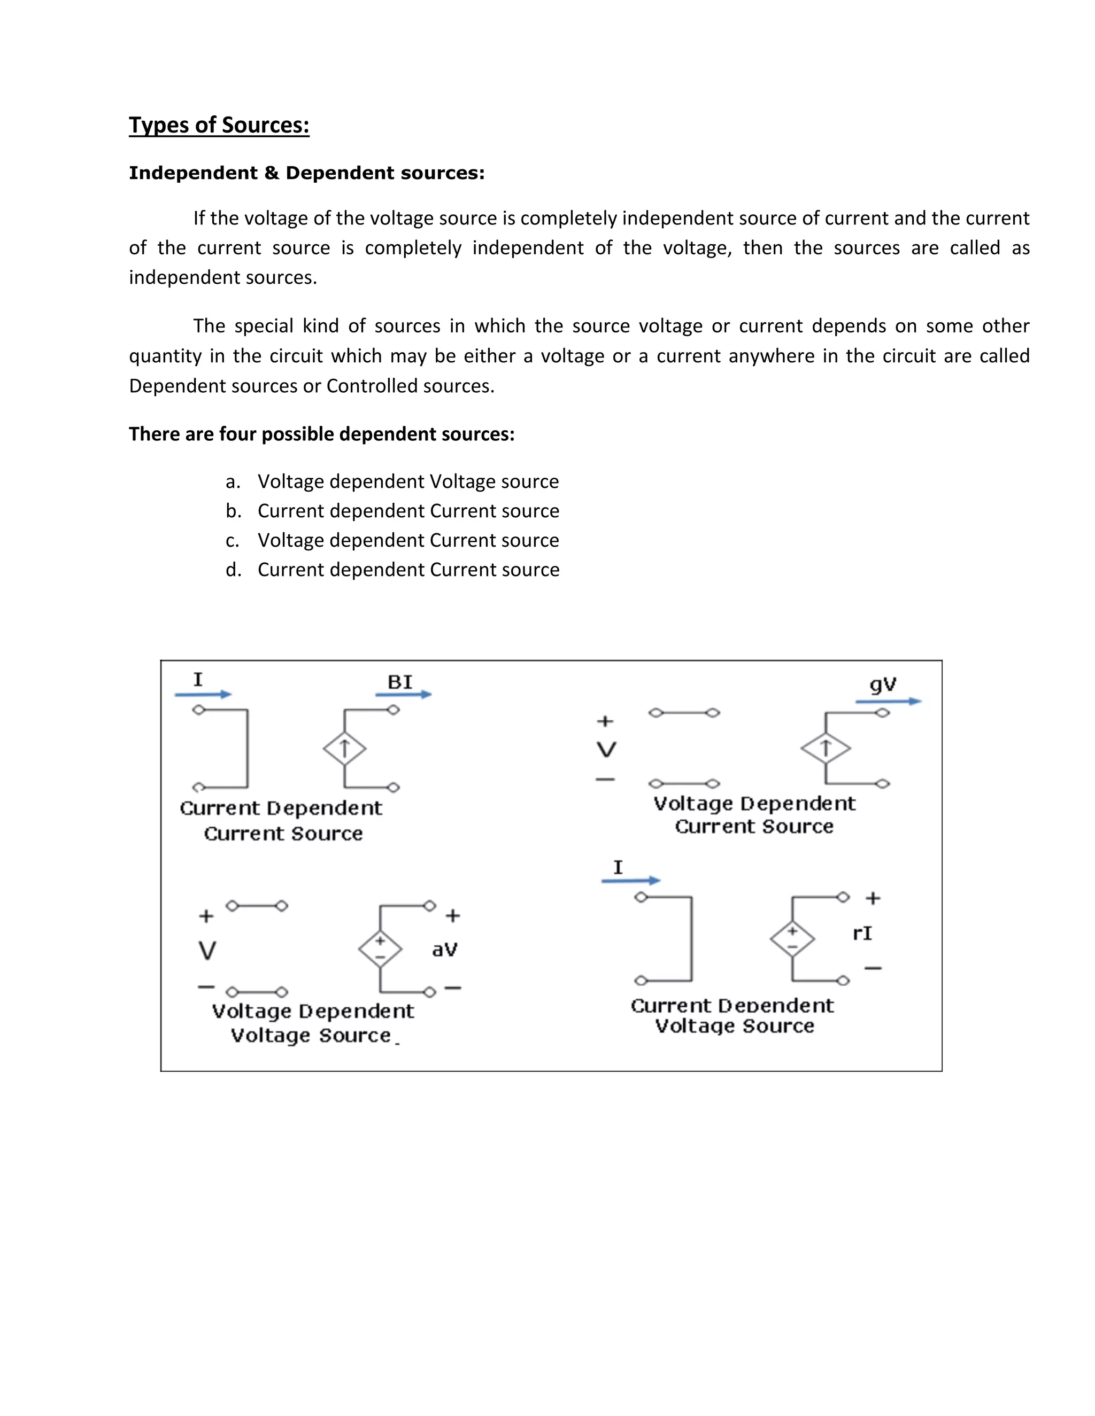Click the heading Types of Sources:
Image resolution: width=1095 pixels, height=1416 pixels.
pos(219,125)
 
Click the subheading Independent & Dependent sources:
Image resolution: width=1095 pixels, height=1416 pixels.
pos(306,173)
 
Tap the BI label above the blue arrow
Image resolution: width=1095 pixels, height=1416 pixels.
pos(399,682)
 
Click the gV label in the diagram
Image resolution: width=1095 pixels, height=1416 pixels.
pos(883,684)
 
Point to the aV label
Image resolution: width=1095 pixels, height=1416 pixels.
pos(444,950)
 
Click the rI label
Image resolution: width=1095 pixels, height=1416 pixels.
pos(862,933)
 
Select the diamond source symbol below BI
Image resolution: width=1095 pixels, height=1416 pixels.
pos(344,749)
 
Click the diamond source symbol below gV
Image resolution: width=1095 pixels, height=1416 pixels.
pos(825,748)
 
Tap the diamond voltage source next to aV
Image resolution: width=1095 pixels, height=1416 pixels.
pos(380,948)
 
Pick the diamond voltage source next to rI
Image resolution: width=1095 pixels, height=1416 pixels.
pos(792,938)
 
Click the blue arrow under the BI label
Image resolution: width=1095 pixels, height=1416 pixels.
pos(404,695)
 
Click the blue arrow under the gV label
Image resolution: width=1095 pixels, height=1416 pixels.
pos(888,702)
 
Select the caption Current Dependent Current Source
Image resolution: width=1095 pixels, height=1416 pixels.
pos(282,820)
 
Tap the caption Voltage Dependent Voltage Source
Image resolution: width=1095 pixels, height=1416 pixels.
pos(312,1023)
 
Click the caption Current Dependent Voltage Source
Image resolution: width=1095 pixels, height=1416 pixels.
pos(732,1016)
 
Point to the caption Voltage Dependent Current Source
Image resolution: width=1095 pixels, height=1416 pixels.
pos(754,815)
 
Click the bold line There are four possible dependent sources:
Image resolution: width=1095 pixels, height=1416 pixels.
pos(321,434)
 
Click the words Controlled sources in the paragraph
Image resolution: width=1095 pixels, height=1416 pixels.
pos(410,386)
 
